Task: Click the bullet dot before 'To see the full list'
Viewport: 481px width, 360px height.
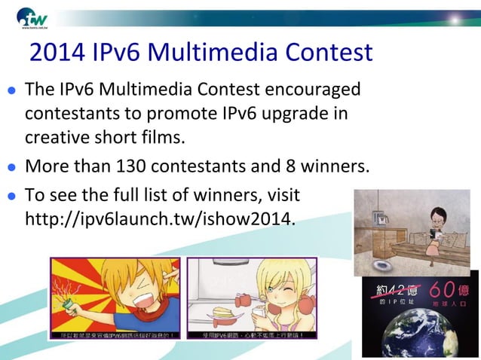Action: click(x=12, y=197)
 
